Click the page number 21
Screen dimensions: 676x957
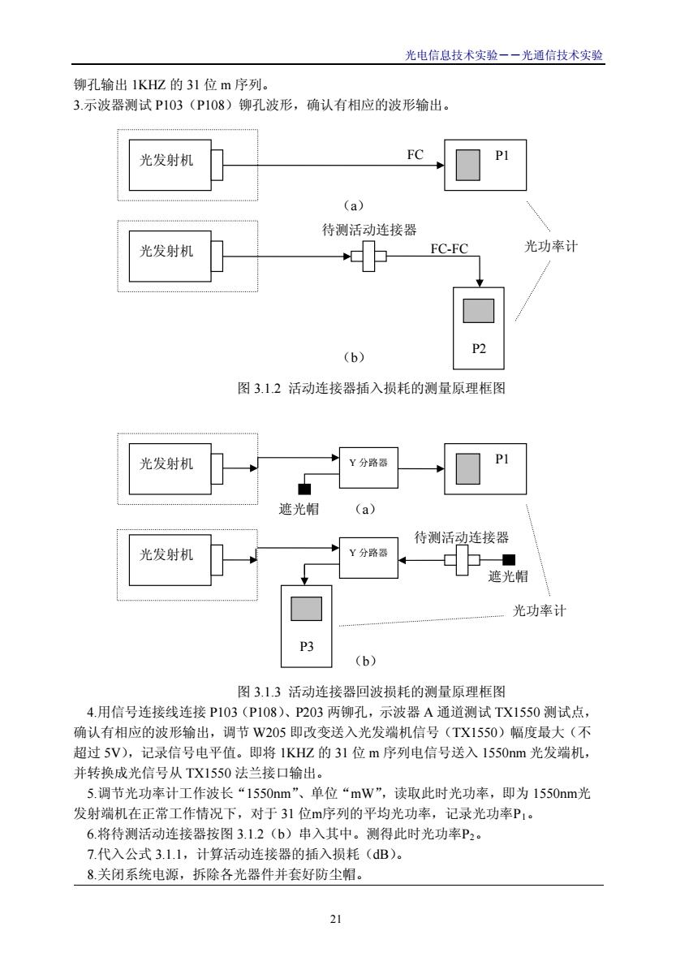pos(335,919)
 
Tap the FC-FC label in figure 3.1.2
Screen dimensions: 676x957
pos(449,248)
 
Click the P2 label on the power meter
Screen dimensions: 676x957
pos(479,348)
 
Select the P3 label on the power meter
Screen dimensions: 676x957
pos(306,646)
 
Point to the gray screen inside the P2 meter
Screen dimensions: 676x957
pos(478,311)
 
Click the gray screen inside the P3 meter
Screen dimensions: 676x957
pos(306,609)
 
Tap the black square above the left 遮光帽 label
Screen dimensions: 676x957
pos(304,489)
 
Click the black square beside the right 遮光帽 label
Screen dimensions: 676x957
pos(509,559)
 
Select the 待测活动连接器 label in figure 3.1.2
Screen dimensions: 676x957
pos(369,230)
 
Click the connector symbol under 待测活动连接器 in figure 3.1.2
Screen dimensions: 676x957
pos(369,256)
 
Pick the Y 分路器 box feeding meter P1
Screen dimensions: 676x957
pos(368,468)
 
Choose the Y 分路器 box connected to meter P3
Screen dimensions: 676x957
pos(368,558)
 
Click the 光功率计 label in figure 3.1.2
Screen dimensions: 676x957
pos(550,247)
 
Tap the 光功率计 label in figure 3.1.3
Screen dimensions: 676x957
pos(540,610)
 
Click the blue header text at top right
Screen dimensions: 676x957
pos(504,55)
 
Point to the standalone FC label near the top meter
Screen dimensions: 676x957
pos(415,155)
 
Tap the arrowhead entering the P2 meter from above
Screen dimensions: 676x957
pos(480,282)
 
